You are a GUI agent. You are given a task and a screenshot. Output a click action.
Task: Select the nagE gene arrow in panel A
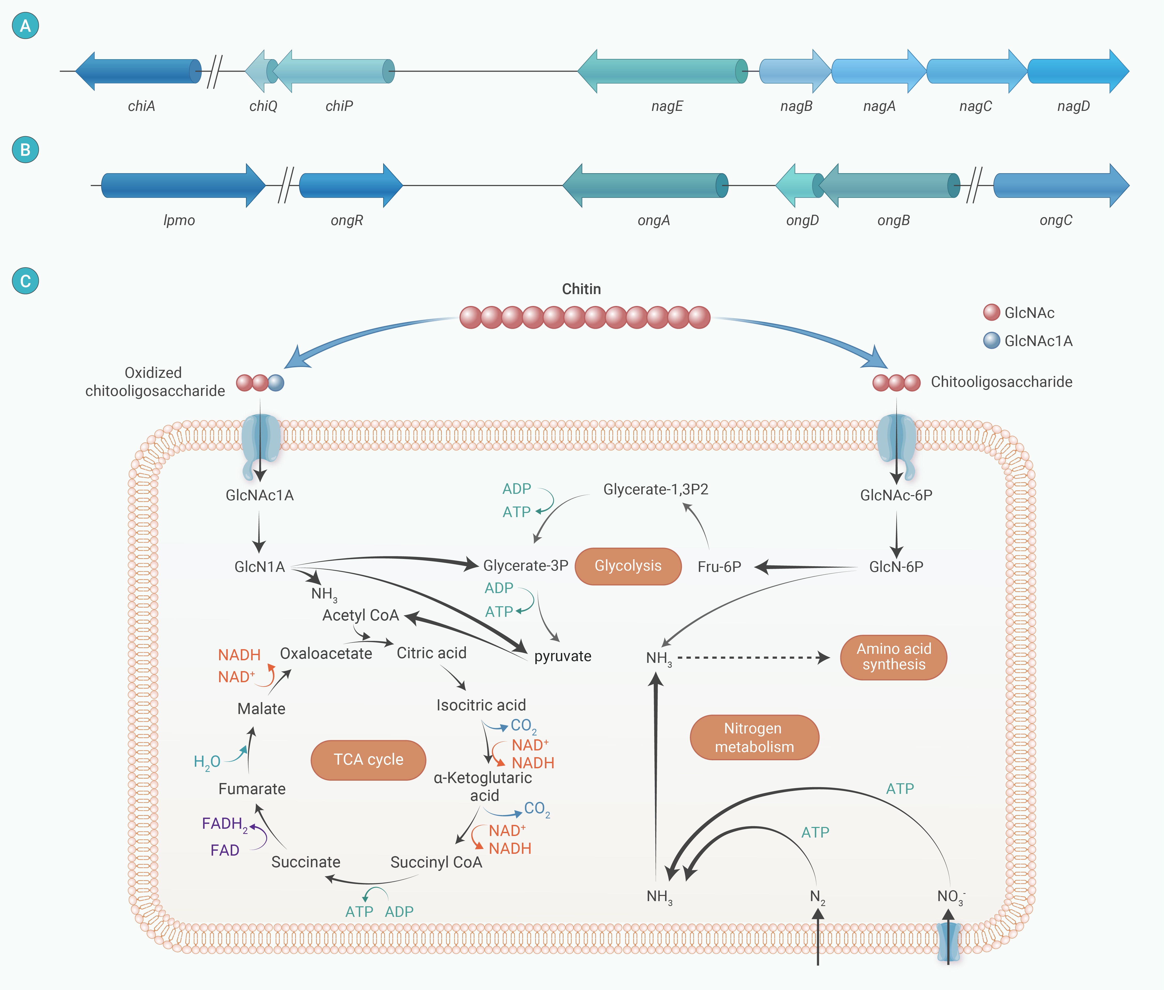point(662,71)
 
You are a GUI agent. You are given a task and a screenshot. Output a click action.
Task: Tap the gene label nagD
point(1073,106)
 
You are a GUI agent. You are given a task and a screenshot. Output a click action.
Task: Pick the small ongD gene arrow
point(797,185)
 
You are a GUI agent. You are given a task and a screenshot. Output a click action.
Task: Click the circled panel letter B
point(25,150)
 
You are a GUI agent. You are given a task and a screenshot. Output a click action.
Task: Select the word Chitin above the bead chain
point(581,289)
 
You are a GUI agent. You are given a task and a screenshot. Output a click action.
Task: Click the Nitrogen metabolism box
point(754,738)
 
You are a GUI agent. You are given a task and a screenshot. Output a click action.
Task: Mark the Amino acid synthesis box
point(893,657)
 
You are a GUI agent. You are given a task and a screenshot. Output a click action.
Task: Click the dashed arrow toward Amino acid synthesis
point(752,658)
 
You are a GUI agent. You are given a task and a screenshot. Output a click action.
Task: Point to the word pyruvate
point(562,656)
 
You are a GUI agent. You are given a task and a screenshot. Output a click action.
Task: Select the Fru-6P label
point(719,567)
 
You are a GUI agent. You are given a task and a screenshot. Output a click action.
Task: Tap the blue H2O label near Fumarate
point(206,762)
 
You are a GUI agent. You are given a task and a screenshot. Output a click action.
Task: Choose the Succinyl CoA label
point(436,862)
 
